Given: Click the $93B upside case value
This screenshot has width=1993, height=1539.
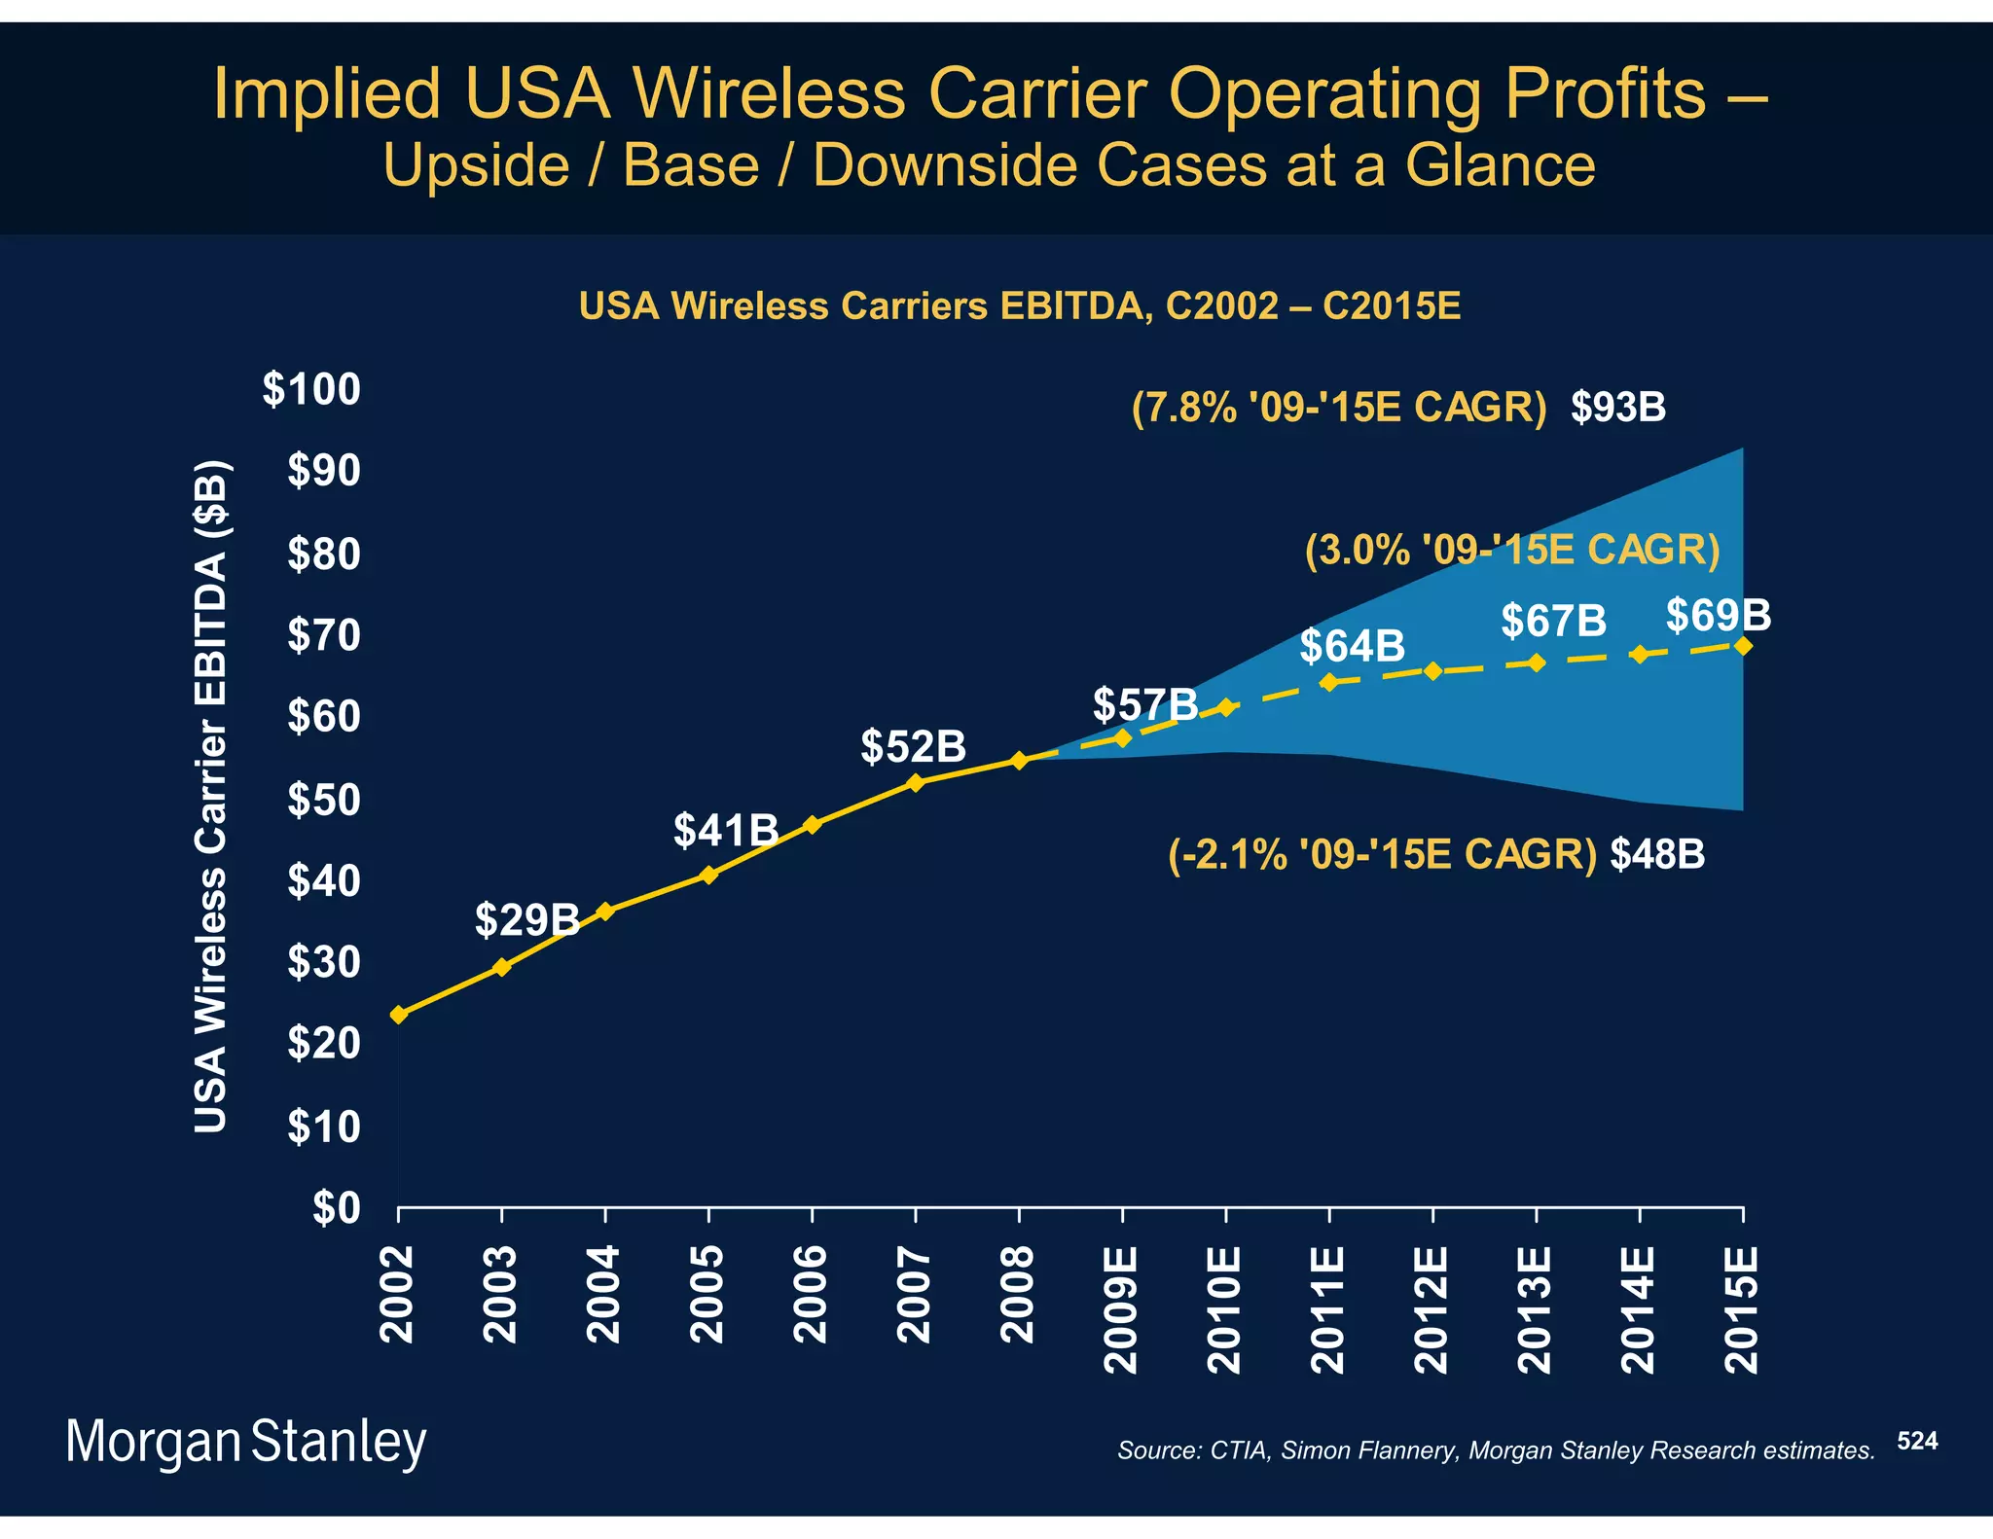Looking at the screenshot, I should tap(1617, 407).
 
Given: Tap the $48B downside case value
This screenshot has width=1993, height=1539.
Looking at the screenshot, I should tap(1657, 854).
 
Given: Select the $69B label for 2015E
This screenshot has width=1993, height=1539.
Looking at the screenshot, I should tap(1718, 615).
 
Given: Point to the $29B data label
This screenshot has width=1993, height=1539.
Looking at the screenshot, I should tap(526, 919).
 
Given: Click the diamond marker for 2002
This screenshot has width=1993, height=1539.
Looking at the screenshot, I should tap(398, 1015).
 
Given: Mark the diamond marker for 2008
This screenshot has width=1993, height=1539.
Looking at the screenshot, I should tap(1019, 761).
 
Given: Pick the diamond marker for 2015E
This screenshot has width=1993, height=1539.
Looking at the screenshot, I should tap(1743, 646).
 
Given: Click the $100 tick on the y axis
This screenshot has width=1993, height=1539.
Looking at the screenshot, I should tap(311, 389).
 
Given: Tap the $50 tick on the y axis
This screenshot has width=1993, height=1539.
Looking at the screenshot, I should tap(323, 800).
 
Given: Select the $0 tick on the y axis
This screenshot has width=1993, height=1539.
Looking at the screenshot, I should tap(336, 1208).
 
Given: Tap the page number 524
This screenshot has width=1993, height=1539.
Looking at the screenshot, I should tap(1917, 1441).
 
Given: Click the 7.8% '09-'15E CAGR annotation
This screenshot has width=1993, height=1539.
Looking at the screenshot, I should tap(1338, 407).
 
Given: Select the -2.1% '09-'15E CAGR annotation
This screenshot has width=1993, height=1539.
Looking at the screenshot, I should tap(1382, 854).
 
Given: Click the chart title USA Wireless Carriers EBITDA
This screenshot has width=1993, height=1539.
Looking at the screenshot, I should tap(1019, 306).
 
